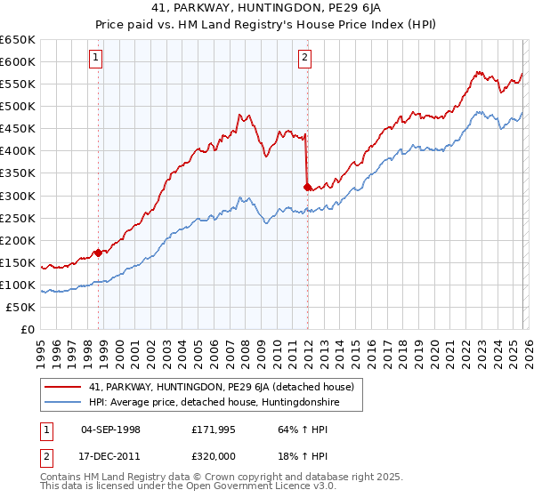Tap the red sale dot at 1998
point(98,252)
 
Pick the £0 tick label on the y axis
point(27,329)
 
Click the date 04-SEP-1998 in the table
point(110,430)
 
